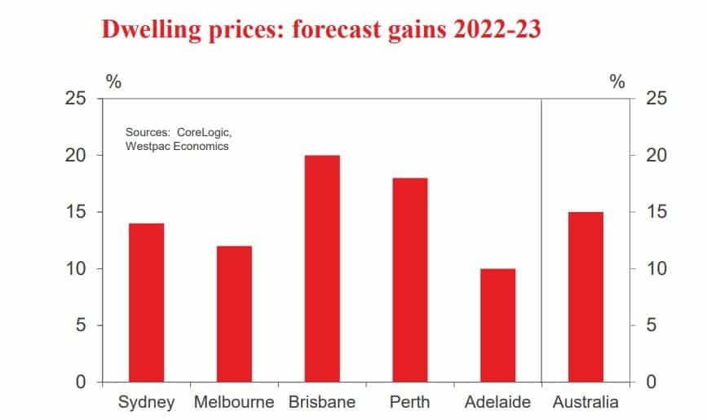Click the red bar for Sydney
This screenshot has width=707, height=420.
pyautogui.click(x=147, y=303)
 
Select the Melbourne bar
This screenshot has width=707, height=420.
pyautogui.click(x=234, y=314)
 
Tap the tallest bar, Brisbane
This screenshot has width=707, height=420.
pyautogui.click(x=322, y=268)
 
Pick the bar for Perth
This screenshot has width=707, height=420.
pyautogui.click(x=409, y=280)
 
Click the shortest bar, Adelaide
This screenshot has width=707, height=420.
pyautogui.click(x=497, y=325)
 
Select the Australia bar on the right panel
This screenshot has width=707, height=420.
pyautogui.click(x=585, y=297)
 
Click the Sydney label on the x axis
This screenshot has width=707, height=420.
pyautogui.click(x=147, y=402)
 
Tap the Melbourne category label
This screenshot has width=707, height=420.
pyautogui.click(x=234, y=402)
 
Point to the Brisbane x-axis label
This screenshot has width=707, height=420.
pyautogui.click(x=322, y=402)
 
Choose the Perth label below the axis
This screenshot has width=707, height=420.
pyautogui.click(x=409, y=402)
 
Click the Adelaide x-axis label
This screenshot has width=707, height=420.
pyautogui.click(x=497, y=402)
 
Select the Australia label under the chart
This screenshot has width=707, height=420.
pyautogui.click(x=585, y=402)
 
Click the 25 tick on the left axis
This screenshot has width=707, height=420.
pyautogui.click(x=76, y=99)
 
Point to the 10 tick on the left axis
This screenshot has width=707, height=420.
pyautogui.click(x=76, y=269)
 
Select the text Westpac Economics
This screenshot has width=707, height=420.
pyautogui.click(x=177, y=146)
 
